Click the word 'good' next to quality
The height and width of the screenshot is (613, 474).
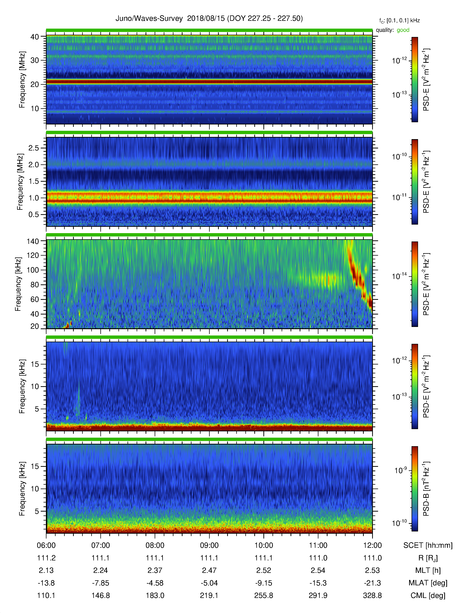pos(403,30)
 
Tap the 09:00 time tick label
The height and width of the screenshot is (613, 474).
pos(209,545)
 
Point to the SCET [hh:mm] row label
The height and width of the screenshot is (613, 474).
pos(428,545)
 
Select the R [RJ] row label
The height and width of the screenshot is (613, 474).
pos(428,558)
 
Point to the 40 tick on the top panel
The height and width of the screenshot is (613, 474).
pos(35,37)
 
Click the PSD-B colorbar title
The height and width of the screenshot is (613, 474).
pos(426,489)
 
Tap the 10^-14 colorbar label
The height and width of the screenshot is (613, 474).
pos(399,276)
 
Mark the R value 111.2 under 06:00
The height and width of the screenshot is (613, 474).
pos(46,558)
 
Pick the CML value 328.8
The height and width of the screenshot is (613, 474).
pos(372,595)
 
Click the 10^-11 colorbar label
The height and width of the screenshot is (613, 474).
pos(399,197)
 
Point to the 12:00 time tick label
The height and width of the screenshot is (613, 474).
pos(372,545)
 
